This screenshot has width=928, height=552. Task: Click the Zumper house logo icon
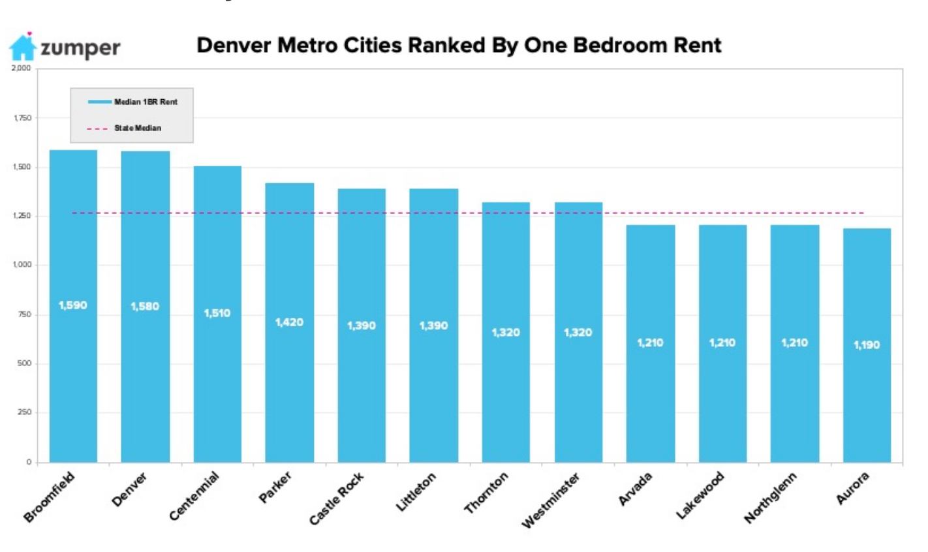tap(22, 47)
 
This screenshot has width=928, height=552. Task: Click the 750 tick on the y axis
tap(25, 314)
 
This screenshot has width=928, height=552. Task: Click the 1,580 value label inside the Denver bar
tap(145, 307)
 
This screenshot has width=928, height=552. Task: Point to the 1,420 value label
tap(289, 322)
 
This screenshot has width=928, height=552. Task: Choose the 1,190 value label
tap(867, 345)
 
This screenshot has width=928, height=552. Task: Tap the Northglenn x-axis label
tap(771, 498)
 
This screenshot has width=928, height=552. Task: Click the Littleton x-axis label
tap(416, 493)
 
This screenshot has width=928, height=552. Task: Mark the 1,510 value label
tap(217, 313)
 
